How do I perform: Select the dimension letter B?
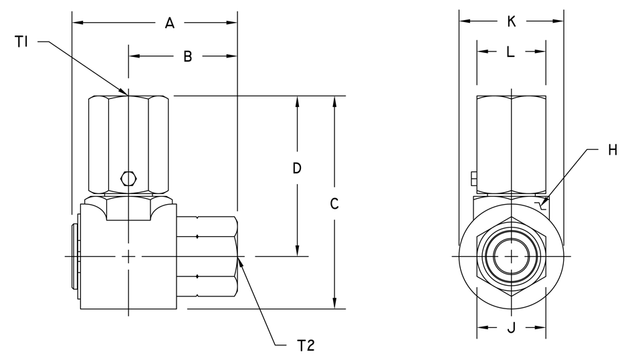coord(186,57)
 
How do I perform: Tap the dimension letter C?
coord(335,203)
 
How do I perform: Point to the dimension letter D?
coord(297,169)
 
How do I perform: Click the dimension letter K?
coord(511,21)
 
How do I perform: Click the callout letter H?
coord(611,151)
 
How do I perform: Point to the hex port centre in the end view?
coord(511,257)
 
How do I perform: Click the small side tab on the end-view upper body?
coord(471,181)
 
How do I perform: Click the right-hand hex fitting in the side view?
coord(209,257)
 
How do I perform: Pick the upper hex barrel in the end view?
coord(511,145)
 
